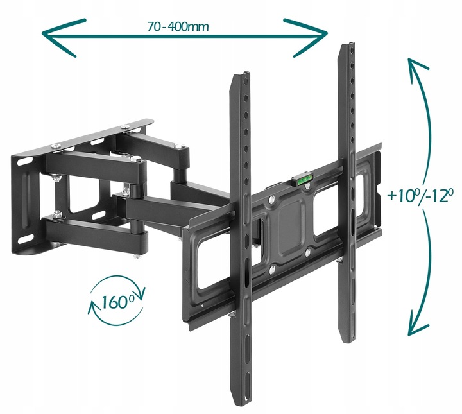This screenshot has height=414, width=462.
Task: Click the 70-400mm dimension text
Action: click(178, 27)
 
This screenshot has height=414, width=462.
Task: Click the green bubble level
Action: click(303, 180)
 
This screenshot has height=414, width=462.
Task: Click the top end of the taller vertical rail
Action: click(347, 44)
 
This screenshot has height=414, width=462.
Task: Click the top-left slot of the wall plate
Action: click(25, 162)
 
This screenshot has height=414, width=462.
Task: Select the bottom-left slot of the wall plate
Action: click(26, 238)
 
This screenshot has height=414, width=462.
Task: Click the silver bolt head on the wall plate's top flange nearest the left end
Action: click(56, 146)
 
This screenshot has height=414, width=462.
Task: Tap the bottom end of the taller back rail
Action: click(347, 341)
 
